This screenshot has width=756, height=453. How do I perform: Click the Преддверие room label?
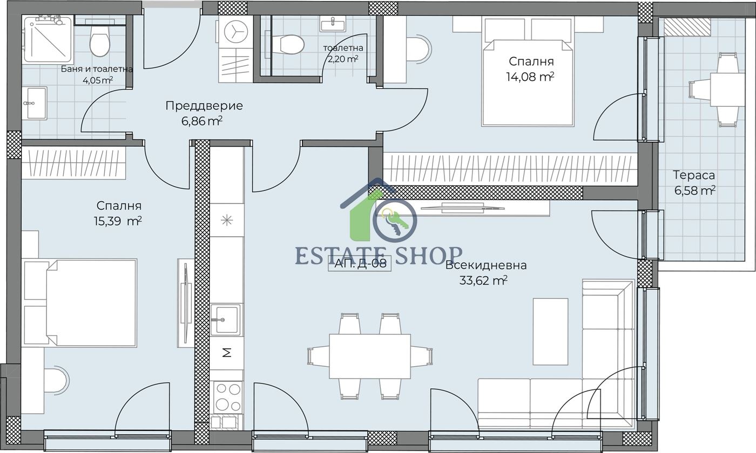click(204, 106)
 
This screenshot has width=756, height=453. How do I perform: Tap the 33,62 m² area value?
click(483, 280)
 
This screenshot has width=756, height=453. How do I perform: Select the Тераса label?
click(694, 175)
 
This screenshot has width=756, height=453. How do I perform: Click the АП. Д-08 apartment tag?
click(360, 264)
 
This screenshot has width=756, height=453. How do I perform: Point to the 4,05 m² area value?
click(98, 80)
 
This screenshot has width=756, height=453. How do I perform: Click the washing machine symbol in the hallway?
click(235, 31)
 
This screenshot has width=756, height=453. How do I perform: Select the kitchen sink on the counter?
click(226, 320)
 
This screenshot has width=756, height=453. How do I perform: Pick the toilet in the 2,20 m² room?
click(288, 44)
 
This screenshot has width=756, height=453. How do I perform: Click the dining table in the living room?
click(370, 356)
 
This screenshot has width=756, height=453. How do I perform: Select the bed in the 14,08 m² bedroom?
click(528, 83)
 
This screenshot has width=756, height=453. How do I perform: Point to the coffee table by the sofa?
click(550, 332)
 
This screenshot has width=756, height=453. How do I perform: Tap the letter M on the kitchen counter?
click(227, 353)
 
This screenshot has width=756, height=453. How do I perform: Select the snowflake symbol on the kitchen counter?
click(226, 221)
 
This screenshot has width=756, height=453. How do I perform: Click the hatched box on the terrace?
click(687, 27)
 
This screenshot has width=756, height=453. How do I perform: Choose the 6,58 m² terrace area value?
click(695, 191)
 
